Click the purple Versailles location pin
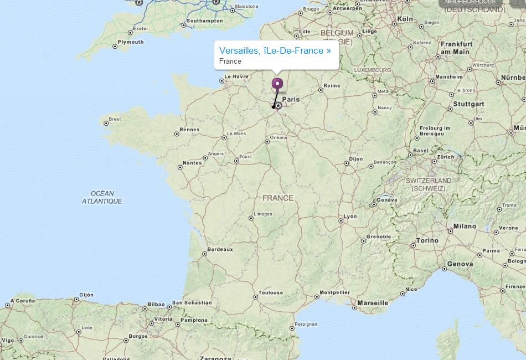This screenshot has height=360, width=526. pos(277,84)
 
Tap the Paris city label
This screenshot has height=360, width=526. pos(291,100)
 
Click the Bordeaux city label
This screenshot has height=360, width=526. pos(220,249)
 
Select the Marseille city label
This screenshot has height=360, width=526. pos(373,303)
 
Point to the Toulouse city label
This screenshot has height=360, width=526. pos(270,292)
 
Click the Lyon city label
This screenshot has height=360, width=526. pos(350,217)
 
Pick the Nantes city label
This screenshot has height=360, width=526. pos(192,163)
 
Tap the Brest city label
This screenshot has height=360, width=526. pos(115,119)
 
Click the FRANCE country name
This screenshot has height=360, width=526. pos(278,198)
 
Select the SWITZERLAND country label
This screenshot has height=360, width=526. pos(428,181)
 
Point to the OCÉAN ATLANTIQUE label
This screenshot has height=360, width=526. pos(102,197)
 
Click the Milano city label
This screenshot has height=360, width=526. pos(465,226)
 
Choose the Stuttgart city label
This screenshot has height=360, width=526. pos(468,104)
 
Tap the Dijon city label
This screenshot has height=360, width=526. pos(356,159)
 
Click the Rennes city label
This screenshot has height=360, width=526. pos(189,130)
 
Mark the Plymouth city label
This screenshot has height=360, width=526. pos(131,42)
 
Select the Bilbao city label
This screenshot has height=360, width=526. pos(157,304)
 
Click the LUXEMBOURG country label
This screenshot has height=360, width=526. pos(373,70)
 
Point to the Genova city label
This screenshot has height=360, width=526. pos(460,264)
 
